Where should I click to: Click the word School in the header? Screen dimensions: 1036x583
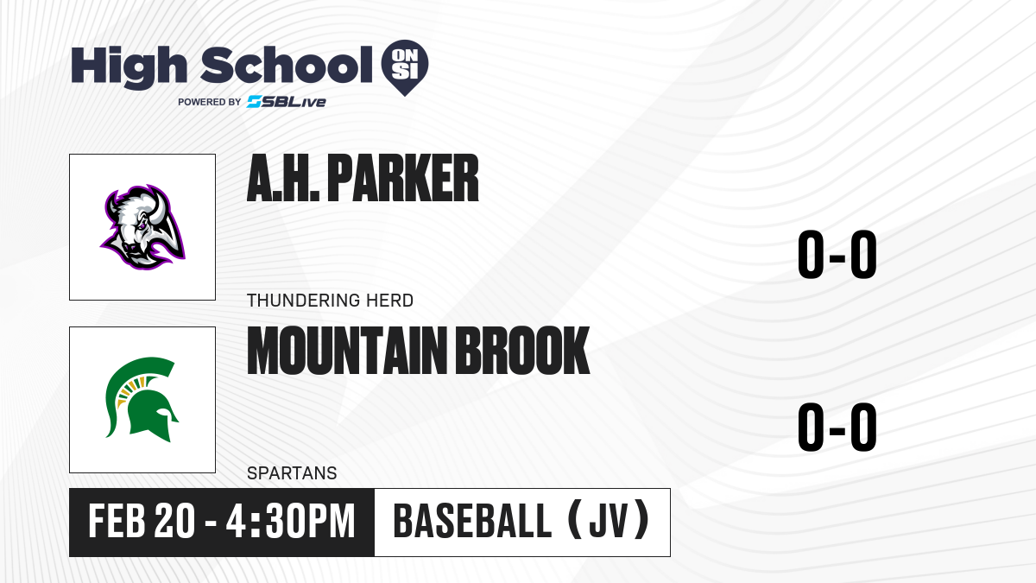coord(287,65)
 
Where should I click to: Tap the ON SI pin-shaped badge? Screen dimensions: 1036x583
coord(405,67)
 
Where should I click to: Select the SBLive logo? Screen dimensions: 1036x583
coord(287,102)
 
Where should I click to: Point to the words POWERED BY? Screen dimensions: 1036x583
coord(210,102)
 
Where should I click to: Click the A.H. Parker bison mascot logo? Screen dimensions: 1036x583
coord(143,227)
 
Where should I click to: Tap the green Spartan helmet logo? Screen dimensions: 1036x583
coord(142,400)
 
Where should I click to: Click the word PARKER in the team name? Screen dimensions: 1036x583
coord(403,179)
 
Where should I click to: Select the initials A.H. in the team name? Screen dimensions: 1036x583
coord(283,179)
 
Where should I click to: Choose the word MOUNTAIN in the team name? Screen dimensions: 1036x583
coord(347,351)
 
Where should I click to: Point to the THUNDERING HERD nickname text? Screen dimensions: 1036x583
coord(330,301)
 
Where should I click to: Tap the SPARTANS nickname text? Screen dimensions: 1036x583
coord(292,473)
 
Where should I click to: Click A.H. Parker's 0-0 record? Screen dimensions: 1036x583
coord(837,255)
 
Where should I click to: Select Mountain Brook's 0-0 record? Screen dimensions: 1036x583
coord(837,427)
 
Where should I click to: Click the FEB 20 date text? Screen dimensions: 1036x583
coord(142,522)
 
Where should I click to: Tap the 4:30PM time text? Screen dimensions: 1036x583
coord(290,522)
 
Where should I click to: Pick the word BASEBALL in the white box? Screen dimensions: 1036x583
coord(472,521)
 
